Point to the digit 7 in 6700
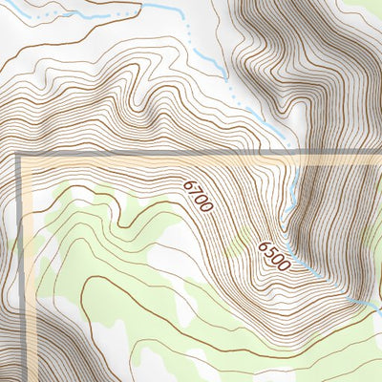tap(194, 189)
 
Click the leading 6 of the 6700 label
tap(188, 182)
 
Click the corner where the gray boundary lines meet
tap(20, 154)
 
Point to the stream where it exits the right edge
tap(378, 309)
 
